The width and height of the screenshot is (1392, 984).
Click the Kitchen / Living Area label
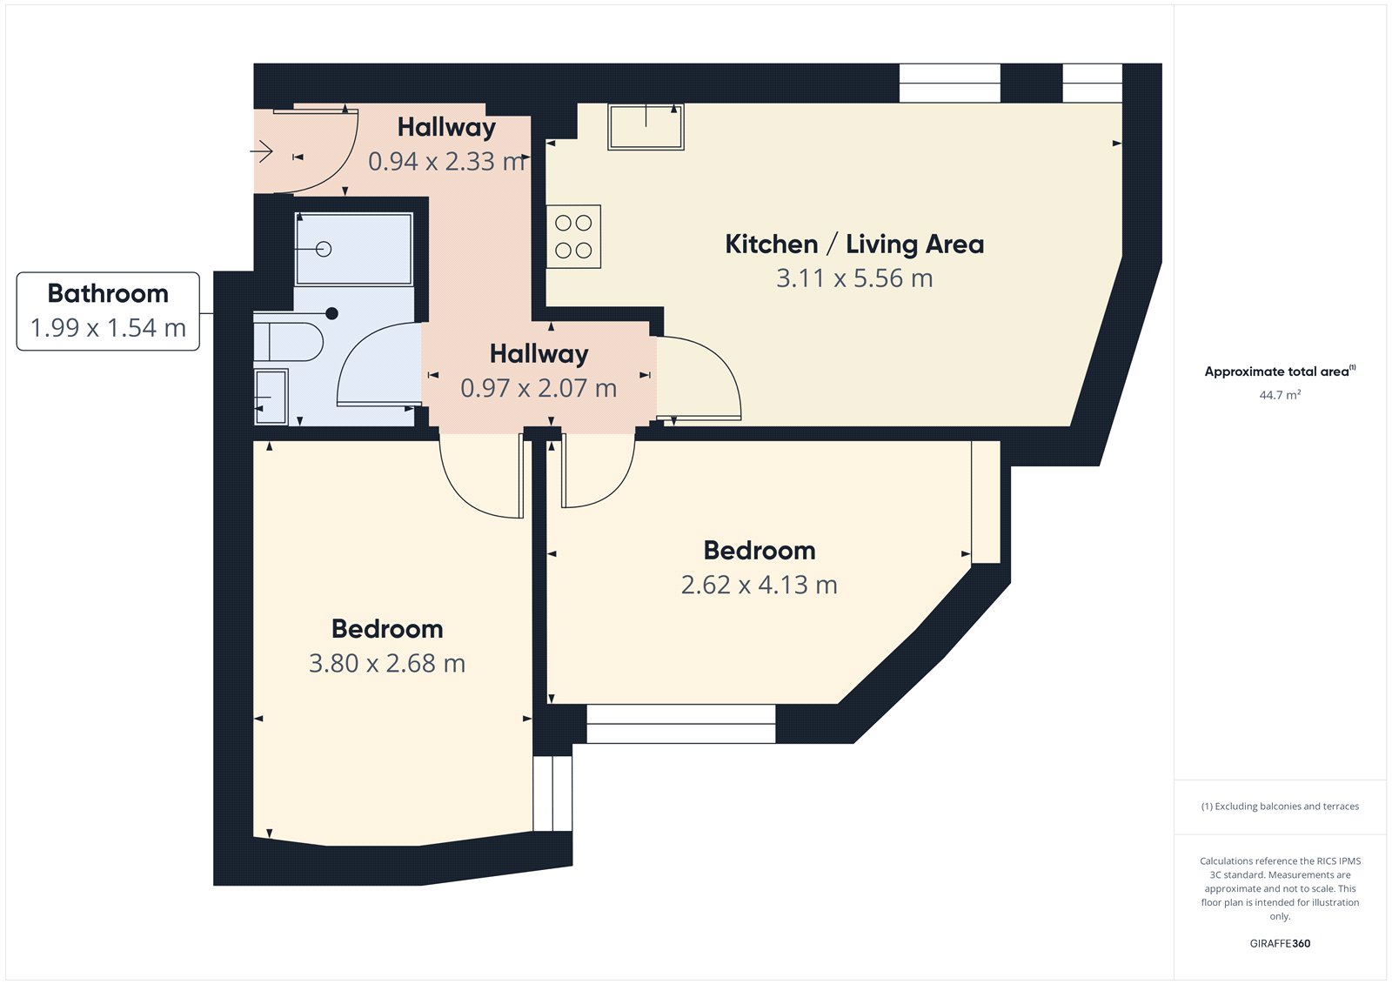click(x=854, y=244)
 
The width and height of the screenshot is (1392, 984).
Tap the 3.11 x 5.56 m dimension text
click(x=854, y=278)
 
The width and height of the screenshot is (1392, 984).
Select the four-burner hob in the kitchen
click(x=573, y=237)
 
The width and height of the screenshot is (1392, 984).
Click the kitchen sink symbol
click(x=646, y=127)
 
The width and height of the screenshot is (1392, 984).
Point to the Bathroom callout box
click(x=108, y=311)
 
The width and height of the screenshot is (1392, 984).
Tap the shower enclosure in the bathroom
click(x=353, y=250)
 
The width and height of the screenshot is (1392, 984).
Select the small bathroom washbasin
click(x=271, y=398)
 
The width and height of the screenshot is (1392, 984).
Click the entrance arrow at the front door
click(x=262, y=152)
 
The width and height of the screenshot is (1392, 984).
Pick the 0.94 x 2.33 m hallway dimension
click(x=447, y=162)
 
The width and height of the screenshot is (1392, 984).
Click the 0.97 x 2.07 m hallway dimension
click(x=539, y=388)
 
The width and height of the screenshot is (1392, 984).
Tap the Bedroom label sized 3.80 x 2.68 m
click(x=387, y=629)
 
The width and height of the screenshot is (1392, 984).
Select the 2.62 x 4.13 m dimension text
click(x=759, y=585)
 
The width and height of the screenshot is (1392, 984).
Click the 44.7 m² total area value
click(x=1280, y=395)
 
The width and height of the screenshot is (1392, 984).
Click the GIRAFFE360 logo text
click(x=1280, y=943)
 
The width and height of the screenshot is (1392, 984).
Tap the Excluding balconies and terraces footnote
click(x=1280, y=807)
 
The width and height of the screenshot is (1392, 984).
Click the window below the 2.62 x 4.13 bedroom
click(x=680, y=724)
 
